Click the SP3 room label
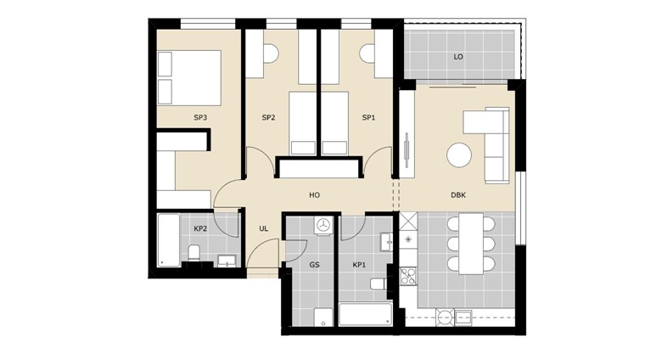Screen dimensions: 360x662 click(x=200, y=118)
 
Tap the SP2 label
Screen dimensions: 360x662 click(x=268, y=118)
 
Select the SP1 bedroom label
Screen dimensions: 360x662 click(x=368, y=118)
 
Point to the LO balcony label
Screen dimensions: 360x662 click(x=458, y=57)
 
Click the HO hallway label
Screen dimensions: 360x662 click(x=314, y=195)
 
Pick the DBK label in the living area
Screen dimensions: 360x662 click(x=458, y=195)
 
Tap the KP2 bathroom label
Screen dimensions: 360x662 click(x=200, y=229)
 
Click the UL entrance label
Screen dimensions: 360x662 click(x=264, y=229)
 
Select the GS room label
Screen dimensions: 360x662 click(x=314, y=265)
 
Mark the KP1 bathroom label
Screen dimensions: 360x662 click(x=359, y=265)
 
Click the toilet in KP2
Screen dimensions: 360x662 click(x=194, y=253)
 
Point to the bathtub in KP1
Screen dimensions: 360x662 click(x=365, y=315)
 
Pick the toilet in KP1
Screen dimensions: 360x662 click(x=379, y=284)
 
